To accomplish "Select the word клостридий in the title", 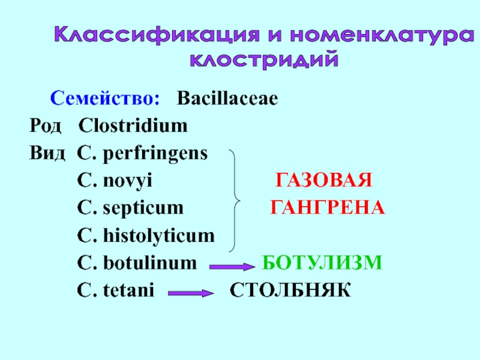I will coord(264,60).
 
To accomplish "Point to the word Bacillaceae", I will coord(227,98).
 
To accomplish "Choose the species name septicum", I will coord(142,208).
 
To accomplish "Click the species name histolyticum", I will coord(158,236).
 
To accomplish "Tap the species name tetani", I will coord(128,291).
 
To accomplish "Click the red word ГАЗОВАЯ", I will coord(324,181).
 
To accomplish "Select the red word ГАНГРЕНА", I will coord(327,208).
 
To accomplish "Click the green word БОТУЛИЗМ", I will coord(322,263).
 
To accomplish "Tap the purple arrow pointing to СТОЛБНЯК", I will coord(191,293).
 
